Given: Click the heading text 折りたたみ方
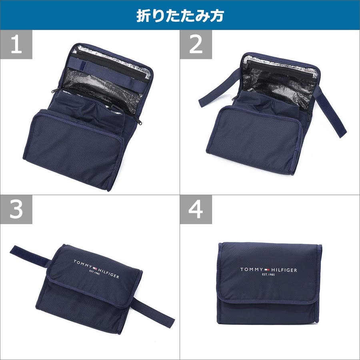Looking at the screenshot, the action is click(x=180, y=16).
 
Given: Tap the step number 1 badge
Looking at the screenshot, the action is click(x=16, y=44).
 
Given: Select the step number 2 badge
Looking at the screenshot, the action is click(x=196, y=44).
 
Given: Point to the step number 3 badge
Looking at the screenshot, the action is click(x=16, y=209).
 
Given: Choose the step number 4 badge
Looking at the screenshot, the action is click(x=196, y=209).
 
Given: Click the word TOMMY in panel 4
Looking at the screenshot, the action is click(x=252, y=269).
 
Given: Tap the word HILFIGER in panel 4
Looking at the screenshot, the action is click(x=284, y=270).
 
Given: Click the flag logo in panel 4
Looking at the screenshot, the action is click(x=267, y=270).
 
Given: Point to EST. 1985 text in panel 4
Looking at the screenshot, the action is click(x=268, y=274).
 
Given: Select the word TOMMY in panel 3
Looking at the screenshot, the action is click(x=83, y=264).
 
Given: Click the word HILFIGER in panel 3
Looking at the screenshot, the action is click(x=108, y=273).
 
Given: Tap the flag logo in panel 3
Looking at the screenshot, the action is click(x=95, y=268).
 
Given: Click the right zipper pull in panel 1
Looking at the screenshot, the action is click(x=139, y=120).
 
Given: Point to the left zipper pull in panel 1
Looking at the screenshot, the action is click(x=55, y=90).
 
